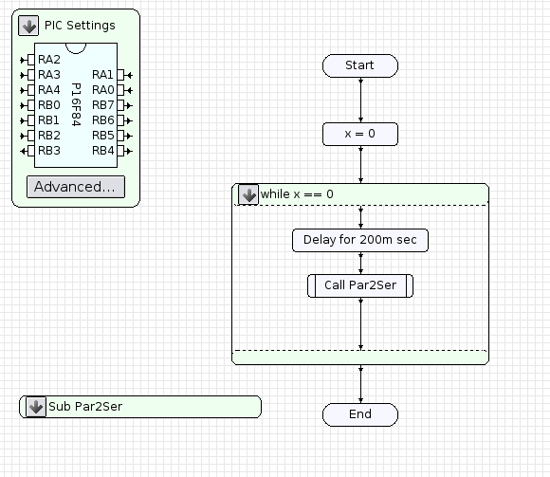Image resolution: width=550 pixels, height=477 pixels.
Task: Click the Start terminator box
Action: pyautogui.click(x=360, y=65)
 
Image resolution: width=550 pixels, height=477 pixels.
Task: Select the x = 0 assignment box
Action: pyautogui.click(x=360, y=134)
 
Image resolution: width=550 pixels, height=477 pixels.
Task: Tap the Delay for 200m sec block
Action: pyautogui.click(x=360, y=240)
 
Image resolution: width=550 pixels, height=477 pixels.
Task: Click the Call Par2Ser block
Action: pyautogui.click(x=360, y=285)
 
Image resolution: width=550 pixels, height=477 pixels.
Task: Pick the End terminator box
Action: pyautogui.click(x=360, y=414)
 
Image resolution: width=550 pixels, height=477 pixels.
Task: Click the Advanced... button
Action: pyautogui.click(x=76, y=187)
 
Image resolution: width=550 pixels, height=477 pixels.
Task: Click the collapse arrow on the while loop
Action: pyautogui.click(x=248, y=194)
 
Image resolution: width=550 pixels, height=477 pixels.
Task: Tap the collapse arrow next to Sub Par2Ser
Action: pyautogui.click(x=36, y=407)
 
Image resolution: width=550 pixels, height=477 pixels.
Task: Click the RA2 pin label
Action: pyautogui.click(x=49, y=60)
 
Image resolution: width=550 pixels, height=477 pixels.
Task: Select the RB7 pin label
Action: pyautogui.click(x=102, y=105)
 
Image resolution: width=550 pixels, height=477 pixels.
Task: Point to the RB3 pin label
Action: pyautogui.click(x=49, y=151)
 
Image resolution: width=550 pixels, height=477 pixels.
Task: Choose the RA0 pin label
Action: pyautogui.click(x=102, y=90)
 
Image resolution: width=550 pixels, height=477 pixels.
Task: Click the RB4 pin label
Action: pyautogui.click(x=102, y=151)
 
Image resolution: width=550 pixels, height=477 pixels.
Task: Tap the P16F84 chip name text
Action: pyautogui.click(x=76, y=104)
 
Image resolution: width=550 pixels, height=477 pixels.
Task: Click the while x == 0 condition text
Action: pyautogui.click(x=297, y=194)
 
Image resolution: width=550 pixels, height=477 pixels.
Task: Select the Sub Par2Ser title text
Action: pyautogui.click(x=85, y=407)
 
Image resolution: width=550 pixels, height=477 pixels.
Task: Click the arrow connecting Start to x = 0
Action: pyautogui.click(x=360, y=100)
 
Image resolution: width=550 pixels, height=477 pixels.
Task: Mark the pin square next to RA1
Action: pyautogui.click(x=120, y=75)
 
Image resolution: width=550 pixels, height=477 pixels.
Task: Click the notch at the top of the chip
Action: pyautogui.click(x=76, y=48)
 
